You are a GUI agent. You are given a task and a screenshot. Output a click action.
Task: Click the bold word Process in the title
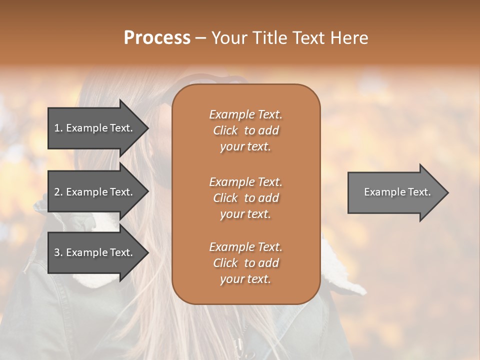[157, 38]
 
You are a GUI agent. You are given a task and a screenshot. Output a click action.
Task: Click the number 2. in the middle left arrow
[58, 192]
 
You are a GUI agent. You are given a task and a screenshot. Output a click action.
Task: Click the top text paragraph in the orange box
[245, 130]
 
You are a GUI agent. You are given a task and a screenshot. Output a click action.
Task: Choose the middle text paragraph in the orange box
[245, 198]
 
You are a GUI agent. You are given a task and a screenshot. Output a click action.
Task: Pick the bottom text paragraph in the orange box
[245, 263]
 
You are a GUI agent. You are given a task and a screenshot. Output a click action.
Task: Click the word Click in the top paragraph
[225, 130]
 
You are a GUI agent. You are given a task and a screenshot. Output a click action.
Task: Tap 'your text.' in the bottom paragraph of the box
[245, 279]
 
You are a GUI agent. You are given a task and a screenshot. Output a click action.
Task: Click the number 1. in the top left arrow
[58, 128]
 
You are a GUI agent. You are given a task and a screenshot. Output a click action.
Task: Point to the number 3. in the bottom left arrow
[58, 252]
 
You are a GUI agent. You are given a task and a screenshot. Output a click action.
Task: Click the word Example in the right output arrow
[381, 192]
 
